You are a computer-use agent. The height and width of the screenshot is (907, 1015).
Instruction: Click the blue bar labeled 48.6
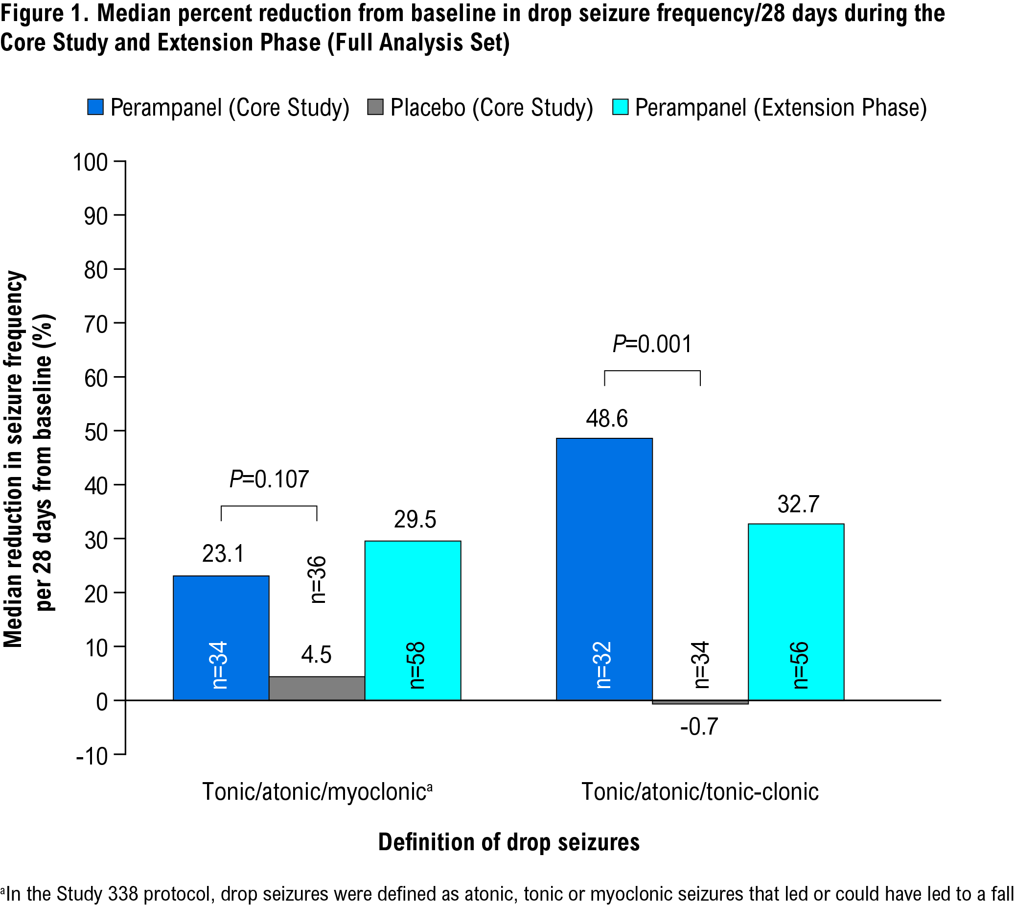pos(604,568)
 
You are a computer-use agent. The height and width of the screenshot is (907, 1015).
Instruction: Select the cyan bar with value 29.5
pos(413,620)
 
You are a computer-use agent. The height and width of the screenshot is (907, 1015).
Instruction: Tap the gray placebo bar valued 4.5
pos(317,688)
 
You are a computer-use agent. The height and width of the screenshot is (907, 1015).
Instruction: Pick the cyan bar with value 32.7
pos(796,612)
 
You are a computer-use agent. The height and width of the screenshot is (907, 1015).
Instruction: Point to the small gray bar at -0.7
pos(700,702)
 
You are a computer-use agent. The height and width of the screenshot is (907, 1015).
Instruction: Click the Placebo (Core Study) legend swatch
pos(375,107)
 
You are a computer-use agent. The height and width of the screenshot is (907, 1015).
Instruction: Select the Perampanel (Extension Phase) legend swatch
pos(620,107)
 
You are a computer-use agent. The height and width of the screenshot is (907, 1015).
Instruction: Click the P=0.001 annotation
pos(652,344)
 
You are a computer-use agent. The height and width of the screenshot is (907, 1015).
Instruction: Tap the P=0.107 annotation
pos(269,479)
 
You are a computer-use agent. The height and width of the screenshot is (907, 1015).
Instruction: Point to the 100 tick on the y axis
pos(90,163)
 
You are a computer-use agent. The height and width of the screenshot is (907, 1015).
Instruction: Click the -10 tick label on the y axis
pos(92,757)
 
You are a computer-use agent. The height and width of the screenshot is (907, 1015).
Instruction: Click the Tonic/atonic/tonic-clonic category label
pos(700,792)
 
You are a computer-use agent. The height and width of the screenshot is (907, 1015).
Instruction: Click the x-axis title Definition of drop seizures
pos(508,842)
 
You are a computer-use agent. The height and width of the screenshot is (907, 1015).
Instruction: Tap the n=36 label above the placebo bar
pos(317,579)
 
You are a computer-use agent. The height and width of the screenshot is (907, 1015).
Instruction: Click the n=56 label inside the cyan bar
pos(800,665)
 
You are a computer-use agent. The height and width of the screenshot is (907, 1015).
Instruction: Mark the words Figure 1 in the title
pos(45,13)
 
